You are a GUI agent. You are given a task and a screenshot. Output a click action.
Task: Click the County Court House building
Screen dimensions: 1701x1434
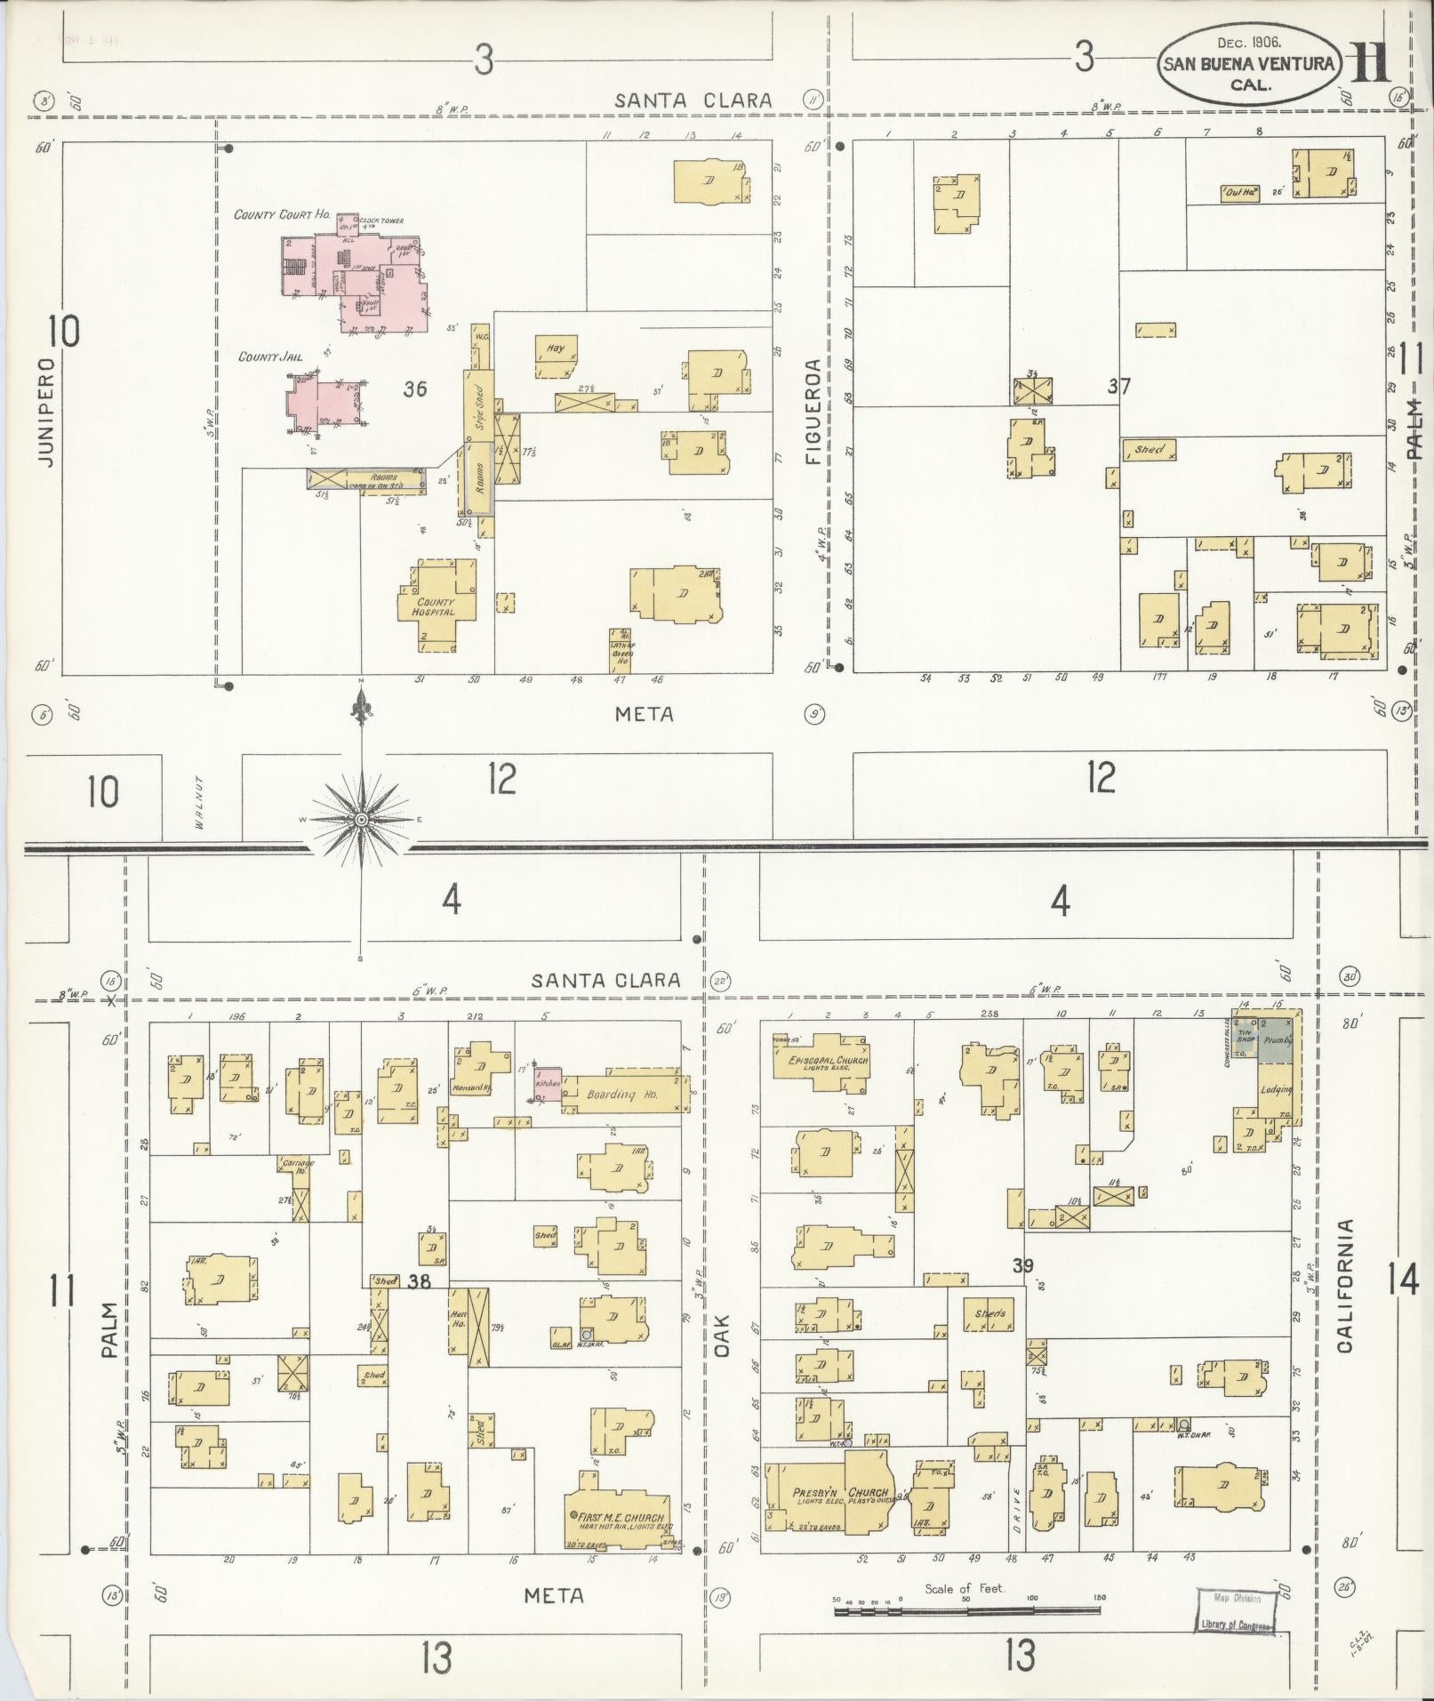pos(373,271)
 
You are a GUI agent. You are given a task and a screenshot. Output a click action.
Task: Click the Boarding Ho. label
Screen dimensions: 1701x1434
pos(621,1095)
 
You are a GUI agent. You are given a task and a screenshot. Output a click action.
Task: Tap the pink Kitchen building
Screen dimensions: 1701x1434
pos(548,1083)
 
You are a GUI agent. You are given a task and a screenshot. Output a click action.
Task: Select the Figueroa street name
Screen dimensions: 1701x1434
pos(813,412)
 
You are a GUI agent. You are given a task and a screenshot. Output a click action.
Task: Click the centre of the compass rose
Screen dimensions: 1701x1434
pos(361,818)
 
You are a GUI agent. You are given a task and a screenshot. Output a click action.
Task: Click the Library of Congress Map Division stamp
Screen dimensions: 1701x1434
pos(1235,1609)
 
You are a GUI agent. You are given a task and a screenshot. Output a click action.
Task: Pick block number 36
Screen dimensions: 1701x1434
pos(415,388)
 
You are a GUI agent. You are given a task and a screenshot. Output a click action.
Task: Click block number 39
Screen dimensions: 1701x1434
pos(1022,1264)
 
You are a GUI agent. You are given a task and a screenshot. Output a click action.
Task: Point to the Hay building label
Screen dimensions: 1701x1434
pos(557,349)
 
